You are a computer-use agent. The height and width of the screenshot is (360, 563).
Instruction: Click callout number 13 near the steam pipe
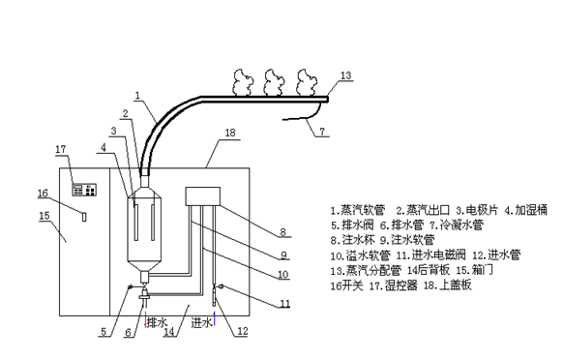point(345,75)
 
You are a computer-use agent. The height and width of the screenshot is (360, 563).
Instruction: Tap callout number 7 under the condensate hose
point(322,132)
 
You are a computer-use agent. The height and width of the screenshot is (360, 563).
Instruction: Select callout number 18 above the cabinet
point(230,133)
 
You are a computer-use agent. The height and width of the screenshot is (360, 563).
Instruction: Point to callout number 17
point(61,149)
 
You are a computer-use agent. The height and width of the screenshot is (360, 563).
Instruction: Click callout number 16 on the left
point(43,193)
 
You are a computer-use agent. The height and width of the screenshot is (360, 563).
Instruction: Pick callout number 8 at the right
point(282,232)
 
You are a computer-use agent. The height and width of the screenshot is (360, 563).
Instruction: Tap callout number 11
point(284,304)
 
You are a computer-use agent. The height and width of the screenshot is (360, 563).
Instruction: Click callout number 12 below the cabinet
point(243,331)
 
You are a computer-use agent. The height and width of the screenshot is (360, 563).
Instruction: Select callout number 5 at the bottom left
point(104,332)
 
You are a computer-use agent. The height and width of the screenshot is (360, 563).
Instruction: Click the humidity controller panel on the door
point(84,190)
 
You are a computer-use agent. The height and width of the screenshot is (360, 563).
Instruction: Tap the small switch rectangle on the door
point(84,217)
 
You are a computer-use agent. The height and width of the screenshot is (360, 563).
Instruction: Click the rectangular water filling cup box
point(202,196)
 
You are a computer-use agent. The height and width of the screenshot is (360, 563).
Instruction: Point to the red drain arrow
point(145,319)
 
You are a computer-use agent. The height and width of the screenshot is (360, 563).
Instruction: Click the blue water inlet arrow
point(215,318)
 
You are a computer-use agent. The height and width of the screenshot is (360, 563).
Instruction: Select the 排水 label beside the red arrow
point(158,322)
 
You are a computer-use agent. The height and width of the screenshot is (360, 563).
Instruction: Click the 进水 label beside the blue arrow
point(202,322)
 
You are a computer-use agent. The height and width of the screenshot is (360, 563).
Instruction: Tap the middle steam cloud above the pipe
point(274,83)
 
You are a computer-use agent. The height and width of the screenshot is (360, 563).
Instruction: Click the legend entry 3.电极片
point(477,210)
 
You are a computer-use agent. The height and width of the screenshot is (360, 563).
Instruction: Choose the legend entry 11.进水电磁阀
point(430,255)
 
